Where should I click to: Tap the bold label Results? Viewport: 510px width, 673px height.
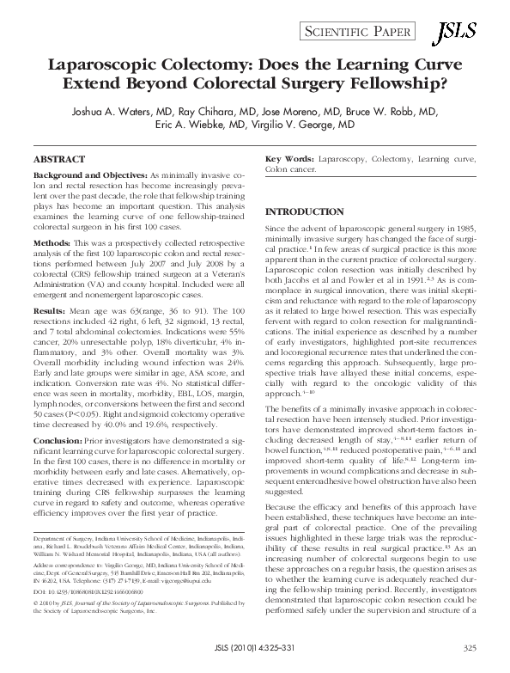[x=50, y=306]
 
